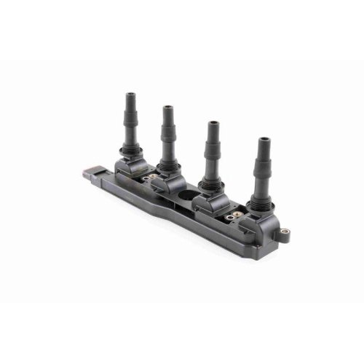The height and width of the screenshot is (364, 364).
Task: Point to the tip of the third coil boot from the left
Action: pyautogui.click(x=214, y=124)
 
